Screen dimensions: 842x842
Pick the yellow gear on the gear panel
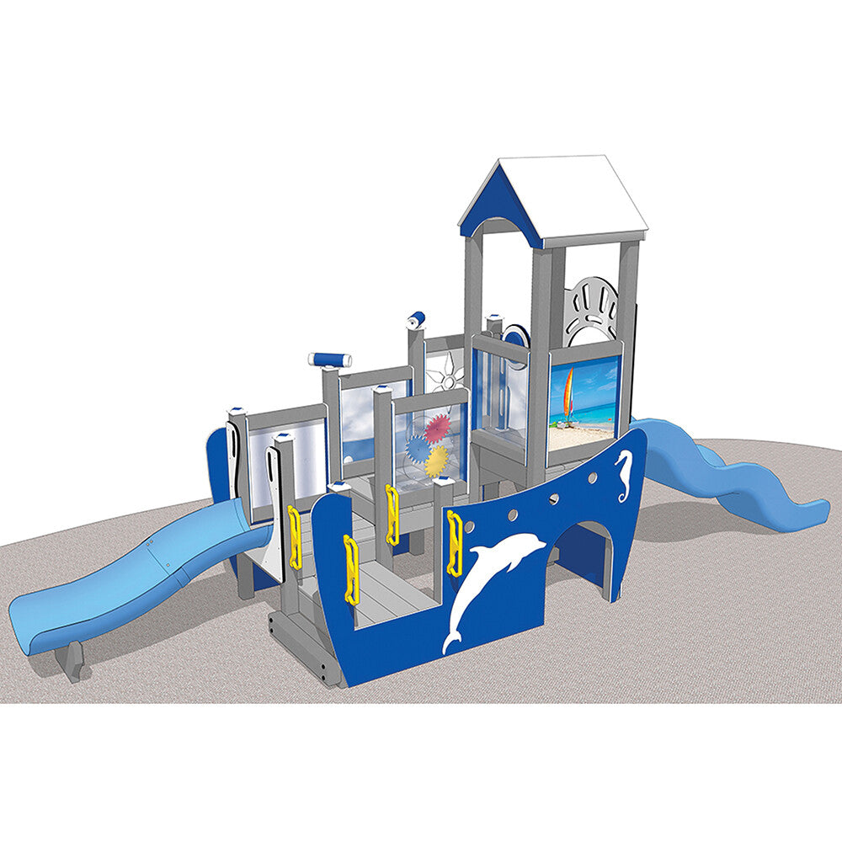(x=437, y=461)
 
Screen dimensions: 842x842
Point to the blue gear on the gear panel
(x=418, y=449)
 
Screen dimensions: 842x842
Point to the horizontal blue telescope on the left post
(x=330, y=360)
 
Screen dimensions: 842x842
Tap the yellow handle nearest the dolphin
(x=455, y=543)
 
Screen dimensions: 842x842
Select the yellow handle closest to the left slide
(x=295, y=536)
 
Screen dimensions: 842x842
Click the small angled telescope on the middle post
(x=416, y=319)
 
